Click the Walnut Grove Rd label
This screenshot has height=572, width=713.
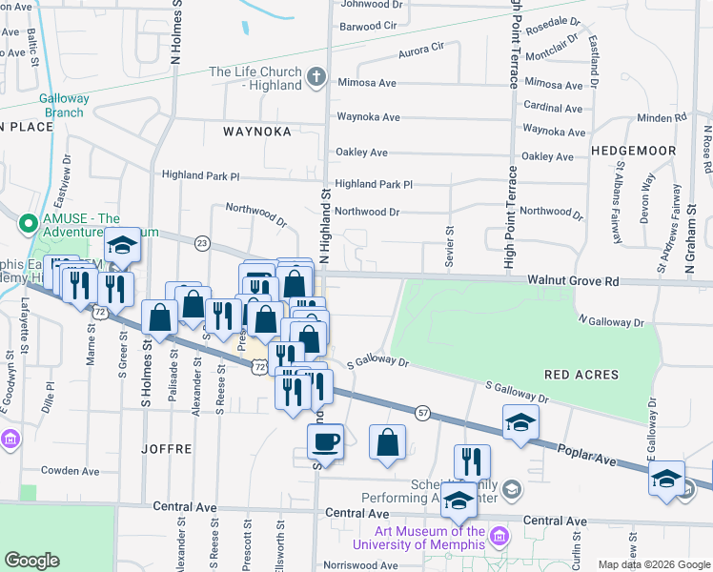[574, 281]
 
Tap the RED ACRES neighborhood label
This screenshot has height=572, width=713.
[583, 375]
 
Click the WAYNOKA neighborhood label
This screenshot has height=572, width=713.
[256, 132]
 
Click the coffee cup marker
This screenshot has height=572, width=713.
[326, 442]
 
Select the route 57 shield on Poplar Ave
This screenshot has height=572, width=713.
[422, 411]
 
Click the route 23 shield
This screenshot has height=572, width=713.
[202, 243]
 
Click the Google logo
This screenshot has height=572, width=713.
[32, 561]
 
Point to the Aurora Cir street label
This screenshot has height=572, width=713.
[421, 48]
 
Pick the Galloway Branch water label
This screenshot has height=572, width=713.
[64, 106]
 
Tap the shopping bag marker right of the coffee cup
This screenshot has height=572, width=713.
[387, 442]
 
